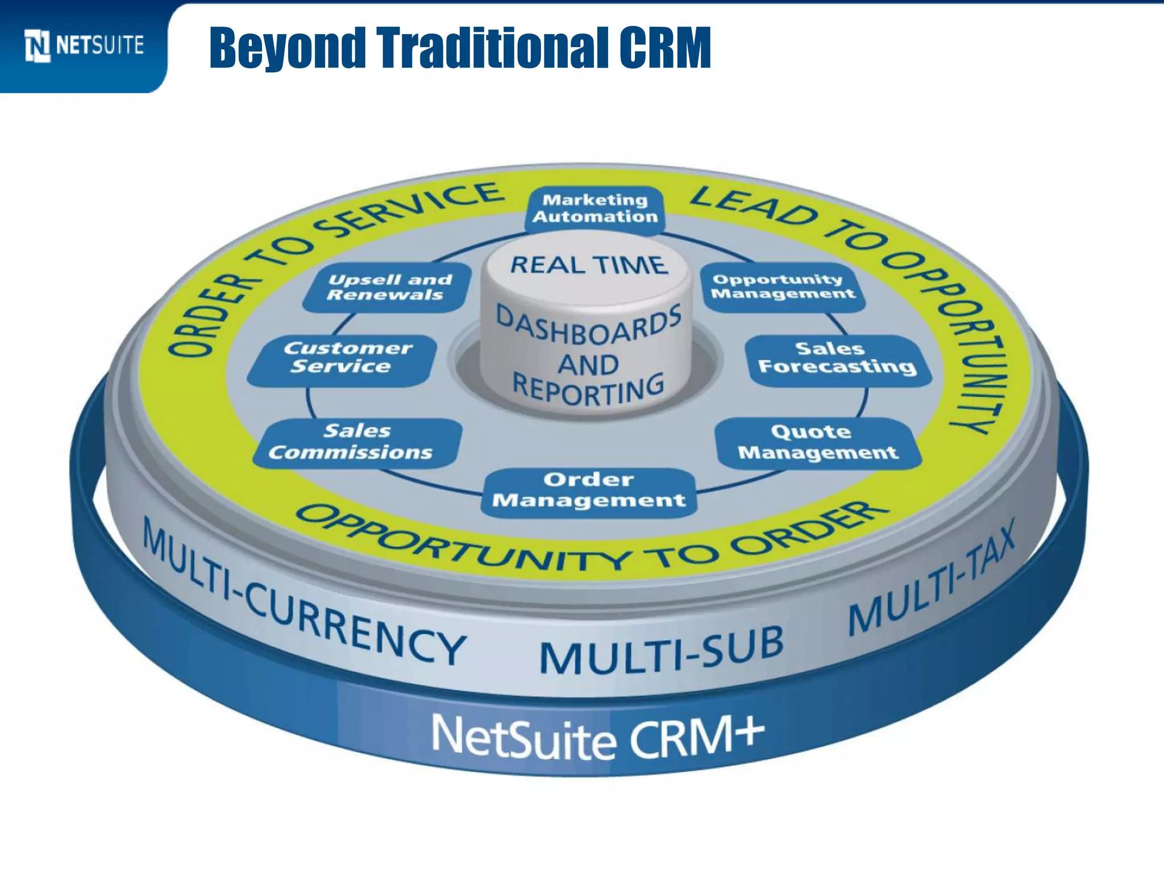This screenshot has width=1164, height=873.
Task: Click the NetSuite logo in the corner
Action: click(84, 45)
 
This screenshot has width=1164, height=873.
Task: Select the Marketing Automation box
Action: click(595, 209)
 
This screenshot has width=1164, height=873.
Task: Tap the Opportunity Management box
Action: click(783, 287)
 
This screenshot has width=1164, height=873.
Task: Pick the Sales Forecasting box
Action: click(837, 358)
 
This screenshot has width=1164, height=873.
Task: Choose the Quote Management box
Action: click(817, 442)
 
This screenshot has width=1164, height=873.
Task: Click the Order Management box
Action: click(589, 490)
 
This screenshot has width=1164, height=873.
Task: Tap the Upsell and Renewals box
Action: click(388, 287)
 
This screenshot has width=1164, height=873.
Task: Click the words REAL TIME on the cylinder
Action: click(589, 265)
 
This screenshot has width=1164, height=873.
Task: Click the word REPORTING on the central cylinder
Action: click(589, 389)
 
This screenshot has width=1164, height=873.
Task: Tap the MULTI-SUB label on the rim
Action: click(661, 651)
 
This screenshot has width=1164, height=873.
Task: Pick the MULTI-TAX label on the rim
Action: click(932, 580)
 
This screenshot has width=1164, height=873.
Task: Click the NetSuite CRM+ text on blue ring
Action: click(597, 738)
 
